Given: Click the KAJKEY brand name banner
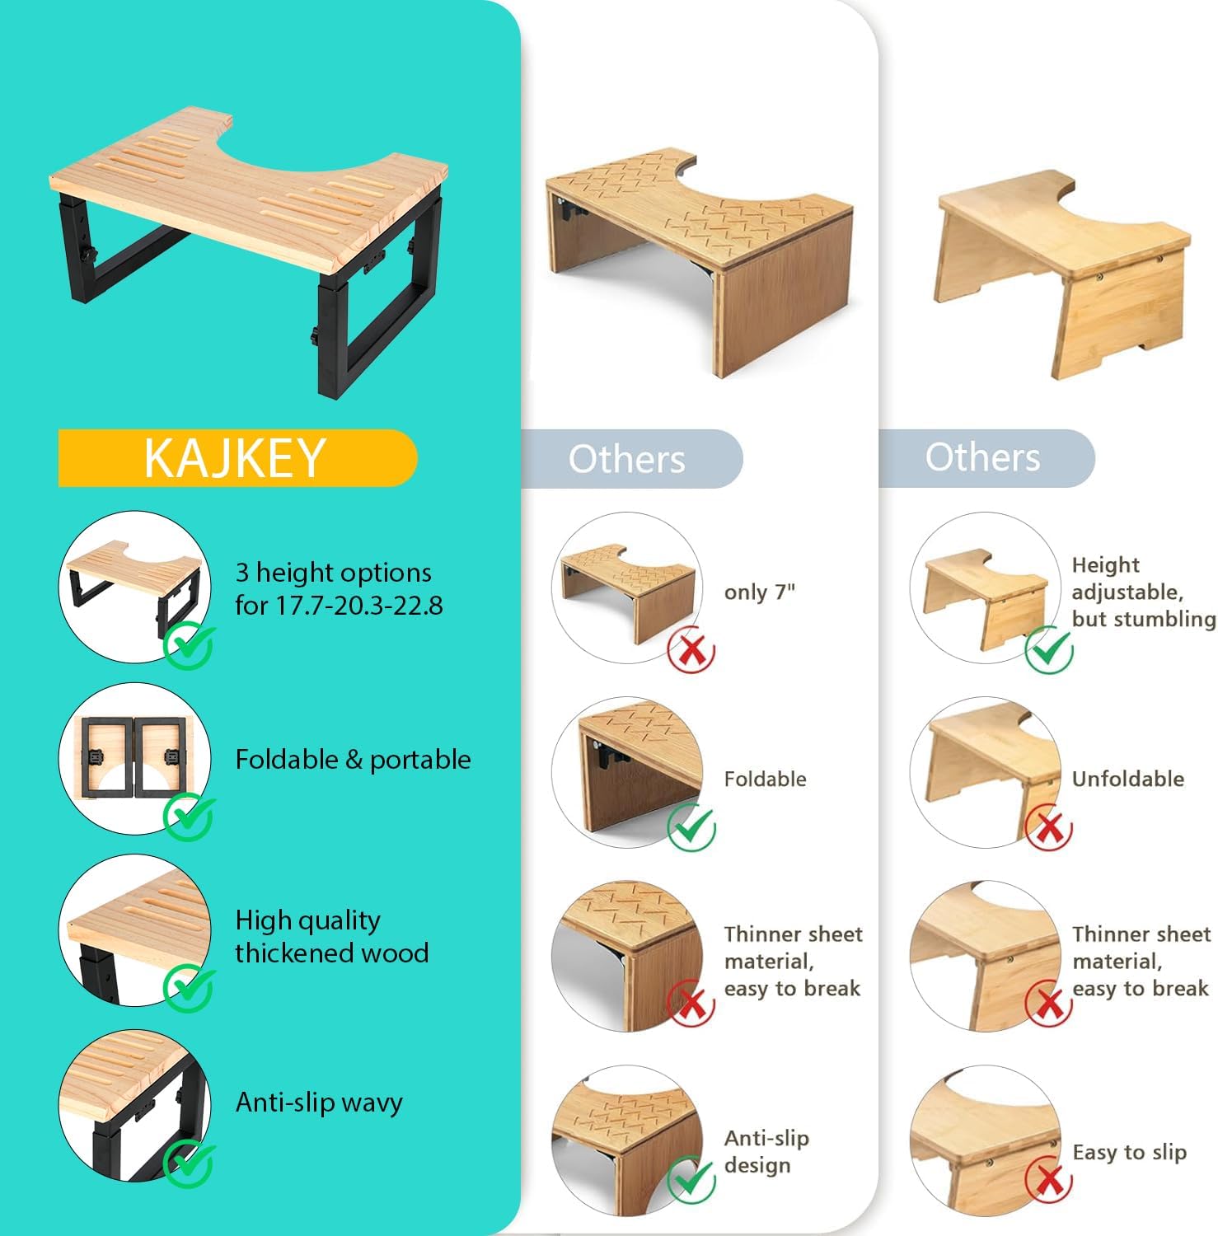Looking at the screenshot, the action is pos(237,458).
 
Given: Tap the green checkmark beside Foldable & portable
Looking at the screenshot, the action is pos(189,817).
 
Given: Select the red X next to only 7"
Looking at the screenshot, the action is pos(691,649).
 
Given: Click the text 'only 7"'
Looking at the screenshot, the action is pos(760,592).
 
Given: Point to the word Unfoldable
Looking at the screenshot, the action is pos(1127,779).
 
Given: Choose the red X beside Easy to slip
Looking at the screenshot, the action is pos(1048,1180).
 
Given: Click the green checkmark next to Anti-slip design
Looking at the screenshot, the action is pos(691,1179).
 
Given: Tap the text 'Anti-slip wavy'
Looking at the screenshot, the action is pos(319,1103).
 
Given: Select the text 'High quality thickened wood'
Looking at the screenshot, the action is pos(332,936).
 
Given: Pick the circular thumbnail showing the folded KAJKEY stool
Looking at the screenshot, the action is pos(135,758).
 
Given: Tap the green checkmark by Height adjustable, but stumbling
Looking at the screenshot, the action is pos(1049,649).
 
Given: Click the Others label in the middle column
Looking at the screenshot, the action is pos(626,459).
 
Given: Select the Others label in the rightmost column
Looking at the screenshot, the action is pos(982,457).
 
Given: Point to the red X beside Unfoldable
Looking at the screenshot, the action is pos(1048,829).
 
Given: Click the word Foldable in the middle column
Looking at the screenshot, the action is pos(765,779).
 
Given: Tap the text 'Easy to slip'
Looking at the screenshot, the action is pos(1129,1152).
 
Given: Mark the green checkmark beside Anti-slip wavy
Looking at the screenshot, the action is pos(189,1163).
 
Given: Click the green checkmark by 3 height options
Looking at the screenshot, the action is pos(189,646).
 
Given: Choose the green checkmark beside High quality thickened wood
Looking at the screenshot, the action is pos(189,989).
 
